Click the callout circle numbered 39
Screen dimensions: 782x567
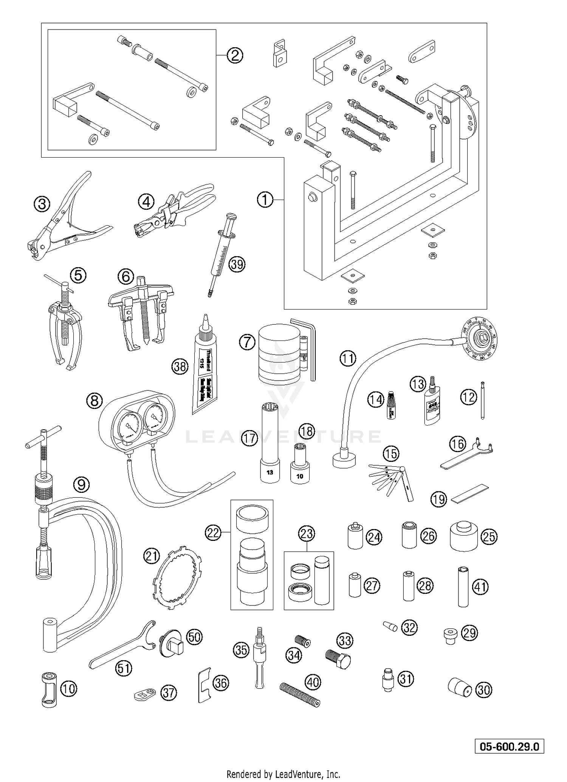[x=237, y=264]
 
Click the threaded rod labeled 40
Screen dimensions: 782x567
[x=301, y=695]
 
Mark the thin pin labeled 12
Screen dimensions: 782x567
[x=483, y=400]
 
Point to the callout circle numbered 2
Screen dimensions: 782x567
[x=235, y=56]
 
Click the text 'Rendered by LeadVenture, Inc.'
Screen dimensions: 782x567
[x=283, y=773]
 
